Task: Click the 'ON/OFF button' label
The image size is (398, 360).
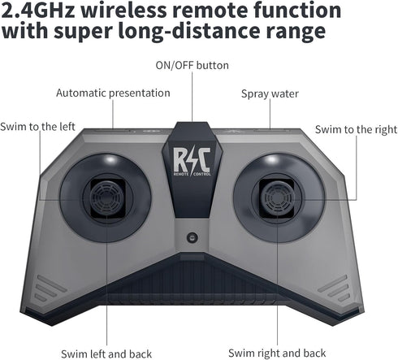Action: click(x=192, y=66)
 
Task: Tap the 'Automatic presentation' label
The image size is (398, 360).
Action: click(x=113, y=93)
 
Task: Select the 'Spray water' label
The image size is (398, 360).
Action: click(x=270, y=93)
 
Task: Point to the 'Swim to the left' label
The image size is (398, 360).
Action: click(x=37, y=127)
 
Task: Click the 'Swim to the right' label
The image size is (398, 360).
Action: click(x=356, y=129)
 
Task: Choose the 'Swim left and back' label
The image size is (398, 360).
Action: click(x=106, y=354)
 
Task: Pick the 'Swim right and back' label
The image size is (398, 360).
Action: click(x=277, y=353)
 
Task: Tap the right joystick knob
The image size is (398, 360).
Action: click(x=277, y=197)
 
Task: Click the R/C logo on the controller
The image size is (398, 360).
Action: click(x=192, y=159)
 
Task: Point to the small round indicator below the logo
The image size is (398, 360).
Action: click(x=193, y=237)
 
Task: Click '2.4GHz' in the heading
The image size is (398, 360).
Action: click(x=37, y=10)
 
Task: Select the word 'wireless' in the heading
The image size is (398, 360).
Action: click(x=123, y=10)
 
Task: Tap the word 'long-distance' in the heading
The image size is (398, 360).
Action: click(x=189, y=31)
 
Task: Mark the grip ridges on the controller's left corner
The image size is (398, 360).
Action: click(x=50, y=288)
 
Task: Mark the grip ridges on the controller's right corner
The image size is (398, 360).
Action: click(x=333, y=288)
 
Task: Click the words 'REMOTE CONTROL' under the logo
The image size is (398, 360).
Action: click(x=192, y=174)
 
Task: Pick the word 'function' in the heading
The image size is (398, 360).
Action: click(x=297, y=10)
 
